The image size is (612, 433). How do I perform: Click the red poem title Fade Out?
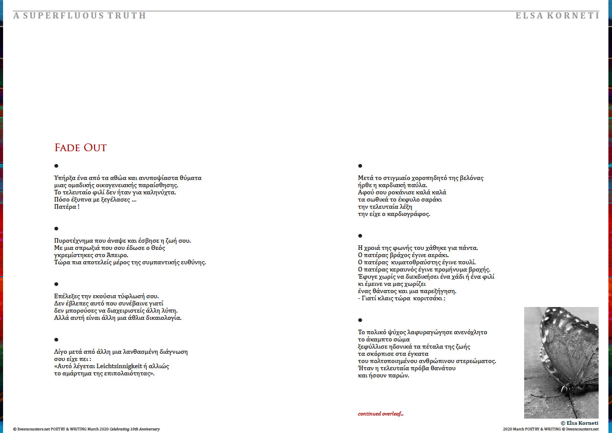click(81, 148)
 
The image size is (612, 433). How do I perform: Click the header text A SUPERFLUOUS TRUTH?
click(80, 15)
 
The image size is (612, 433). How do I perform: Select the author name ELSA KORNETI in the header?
click(557, 15)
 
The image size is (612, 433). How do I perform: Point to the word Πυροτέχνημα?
click(75, 241)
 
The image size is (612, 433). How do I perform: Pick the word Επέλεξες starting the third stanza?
click(68, 296)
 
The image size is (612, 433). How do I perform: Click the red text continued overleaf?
click(381, 414)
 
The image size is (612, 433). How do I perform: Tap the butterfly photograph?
click(561, 362)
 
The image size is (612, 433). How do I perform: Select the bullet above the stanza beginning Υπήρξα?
click(57, 166)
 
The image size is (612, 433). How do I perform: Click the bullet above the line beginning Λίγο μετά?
click(57, 339)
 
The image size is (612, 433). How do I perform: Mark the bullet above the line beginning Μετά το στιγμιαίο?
click(360, 166)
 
